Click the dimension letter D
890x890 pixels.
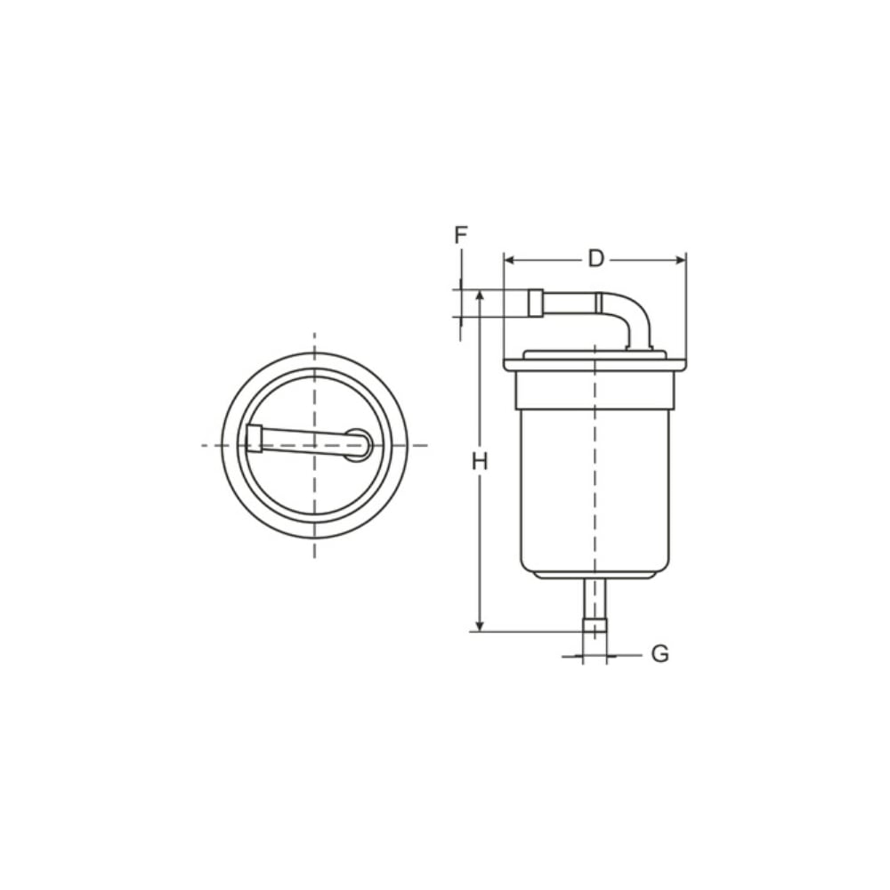595,259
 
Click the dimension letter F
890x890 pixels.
461,234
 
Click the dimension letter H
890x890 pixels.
481,462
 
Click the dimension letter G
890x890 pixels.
659,654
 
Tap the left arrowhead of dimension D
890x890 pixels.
509,261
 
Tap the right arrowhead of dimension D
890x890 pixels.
681,261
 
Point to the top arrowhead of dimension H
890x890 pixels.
481,295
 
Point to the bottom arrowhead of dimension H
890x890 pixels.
481,626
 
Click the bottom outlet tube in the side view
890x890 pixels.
595,605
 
